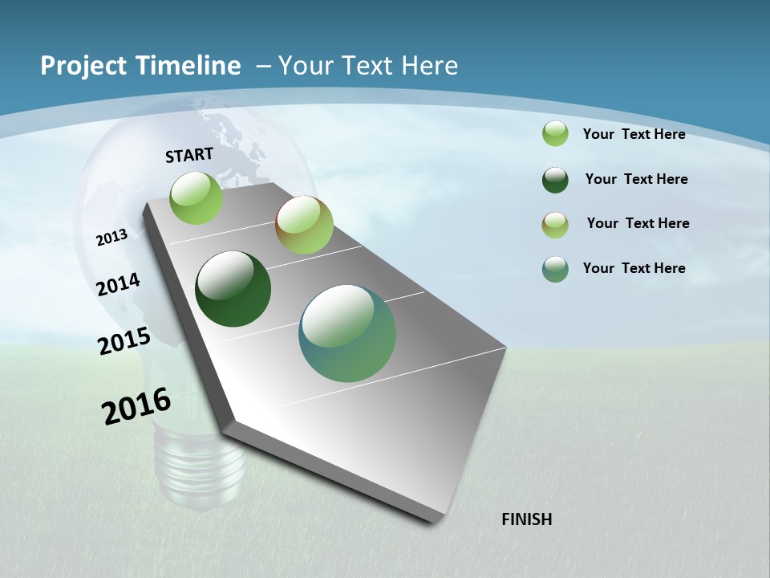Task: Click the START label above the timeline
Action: pos(189,155)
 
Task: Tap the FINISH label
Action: pos(526,519)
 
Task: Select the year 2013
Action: pos(111,238)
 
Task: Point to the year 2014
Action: pos(118,284)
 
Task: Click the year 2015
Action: pos(124,341)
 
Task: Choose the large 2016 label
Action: pos(136,405)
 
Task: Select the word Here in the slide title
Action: pos(429,66)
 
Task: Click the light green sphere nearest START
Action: pos(197,197)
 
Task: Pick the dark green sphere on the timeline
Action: pos(233,289)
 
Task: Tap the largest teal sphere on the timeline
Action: pos(347,333)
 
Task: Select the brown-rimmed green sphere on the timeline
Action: pos(304,225)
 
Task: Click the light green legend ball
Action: pos(555,133)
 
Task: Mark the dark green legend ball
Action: pos(555,180)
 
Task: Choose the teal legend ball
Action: pos(555,269)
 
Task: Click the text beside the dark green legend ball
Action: pos(636,179)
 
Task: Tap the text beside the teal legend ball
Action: pos(634,268)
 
